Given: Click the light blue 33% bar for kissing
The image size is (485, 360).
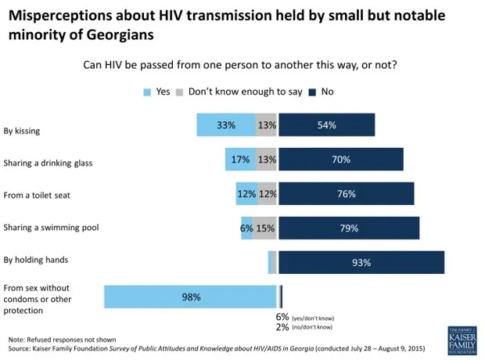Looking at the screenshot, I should pyautogui.click(x=225, y=125).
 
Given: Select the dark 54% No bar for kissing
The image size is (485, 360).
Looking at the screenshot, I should pyautogui.click(x=326, y=125).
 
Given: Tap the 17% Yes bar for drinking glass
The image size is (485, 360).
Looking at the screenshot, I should pyautogui.click(x=240, y=160).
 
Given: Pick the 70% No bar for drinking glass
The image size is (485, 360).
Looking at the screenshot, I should pyautogui.click(x=340, y=160).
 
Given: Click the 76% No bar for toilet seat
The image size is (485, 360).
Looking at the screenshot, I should pyautogui.click(x=346, y=193).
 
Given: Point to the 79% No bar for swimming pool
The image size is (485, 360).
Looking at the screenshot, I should pyautogui.click(x=349, y=228).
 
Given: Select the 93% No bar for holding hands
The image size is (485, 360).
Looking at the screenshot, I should pyautogui.click(x=361, y=262).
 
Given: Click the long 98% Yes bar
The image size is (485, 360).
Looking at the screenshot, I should pyautogui.click(x=190, y=297).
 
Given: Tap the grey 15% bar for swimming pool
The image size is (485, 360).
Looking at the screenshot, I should pyautogui.click(x=266, y=228).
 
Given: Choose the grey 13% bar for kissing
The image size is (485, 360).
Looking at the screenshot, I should pyautogui.click(x=266, y=125).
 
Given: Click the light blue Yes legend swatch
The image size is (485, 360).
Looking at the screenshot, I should pyautogui.click(x=146, y=92).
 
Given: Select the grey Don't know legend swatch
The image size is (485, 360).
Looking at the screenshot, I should pyautogui.click(x=179, y=92).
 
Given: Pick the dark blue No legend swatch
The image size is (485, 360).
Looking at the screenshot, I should pyautogui.click(x=312, y=92).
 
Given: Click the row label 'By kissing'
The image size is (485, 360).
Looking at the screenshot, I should pyautogui.click(x=22, y=131).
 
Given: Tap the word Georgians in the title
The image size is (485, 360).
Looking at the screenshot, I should pyautogui.click(x=131, y=35).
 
